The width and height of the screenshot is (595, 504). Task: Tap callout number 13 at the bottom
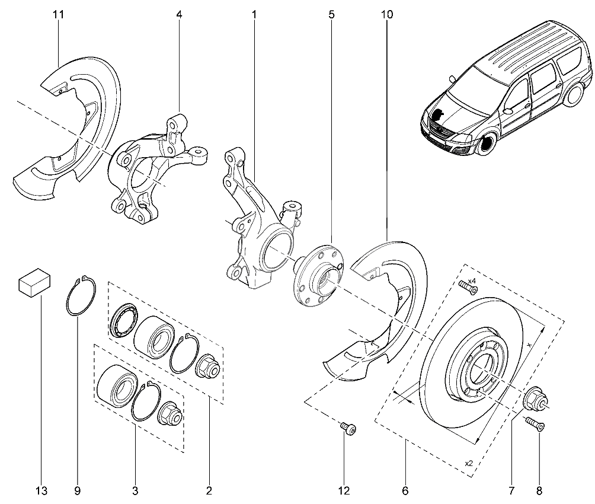(41, 490)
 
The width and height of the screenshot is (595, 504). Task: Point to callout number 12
(344, 490)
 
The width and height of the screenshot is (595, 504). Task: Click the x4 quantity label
(472, 280)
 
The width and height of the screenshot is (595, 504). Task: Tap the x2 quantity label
(469, 463)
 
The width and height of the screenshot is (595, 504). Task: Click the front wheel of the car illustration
(487, 145)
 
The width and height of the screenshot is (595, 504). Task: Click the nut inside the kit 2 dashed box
(209, 366)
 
